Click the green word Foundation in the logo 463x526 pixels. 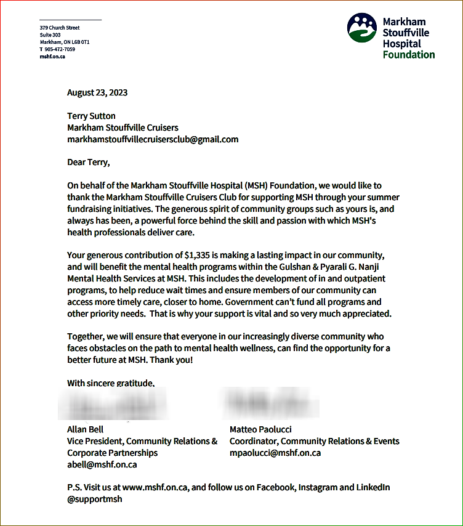(408, 54)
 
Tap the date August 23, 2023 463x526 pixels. (97, 93)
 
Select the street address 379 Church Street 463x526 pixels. (60, 28)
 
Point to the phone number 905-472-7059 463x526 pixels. (60, 49)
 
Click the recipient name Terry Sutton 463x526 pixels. (91, 116)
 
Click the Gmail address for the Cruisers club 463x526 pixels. (153, 139)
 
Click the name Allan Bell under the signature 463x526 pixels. (85, 429)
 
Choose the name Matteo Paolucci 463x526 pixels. (260, 429)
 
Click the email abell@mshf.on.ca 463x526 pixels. (102, 464)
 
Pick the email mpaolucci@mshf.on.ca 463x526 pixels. (275, 453)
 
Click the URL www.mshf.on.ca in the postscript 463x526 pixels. (156, 487)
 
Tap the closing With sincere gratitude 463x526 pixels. (111, 383)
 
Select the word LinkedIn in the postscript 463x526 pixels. (373, 487)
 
